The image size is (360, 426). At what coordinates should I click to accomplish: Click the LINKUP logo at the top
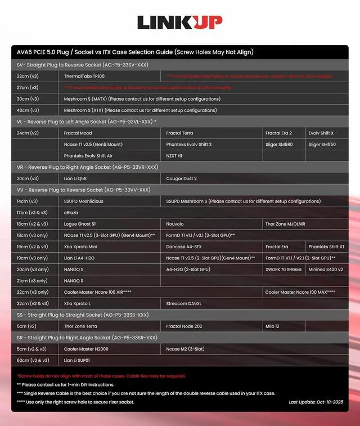click(179, 23)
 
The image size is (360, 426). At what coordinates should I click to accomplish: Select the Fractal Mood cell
click(78, 133)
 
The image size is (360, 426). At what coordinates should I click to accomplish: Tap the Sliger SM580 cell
click(278, 145)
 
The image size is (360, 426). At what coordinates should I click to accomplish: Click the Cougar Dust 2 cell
click(182, 178)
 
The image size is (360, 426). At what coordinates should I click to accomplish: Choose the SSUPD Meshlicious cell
click(84, 201)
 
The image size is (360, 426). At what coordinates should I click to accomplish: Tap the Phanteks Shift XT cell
click(326, 246)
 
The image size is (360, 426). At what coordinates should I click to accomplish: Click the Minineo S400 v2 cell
click(326, 270)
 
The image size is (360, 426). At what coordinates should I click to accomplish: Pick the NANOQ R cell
click(74, 281)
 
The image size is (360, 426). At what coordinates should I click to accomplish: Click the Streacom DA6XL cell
click(184, 303)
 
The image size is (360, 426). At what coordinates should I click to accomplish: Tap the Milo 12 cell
click(274, 326)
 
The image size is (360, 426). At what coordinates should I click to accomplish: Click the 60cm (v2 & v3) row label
click(31, 360)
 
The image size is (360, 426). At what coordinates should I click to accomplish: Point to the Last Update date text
click(316, 402)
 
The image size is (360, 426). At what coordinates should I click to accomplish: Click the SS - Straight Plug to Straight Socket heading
click(83, 315)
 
